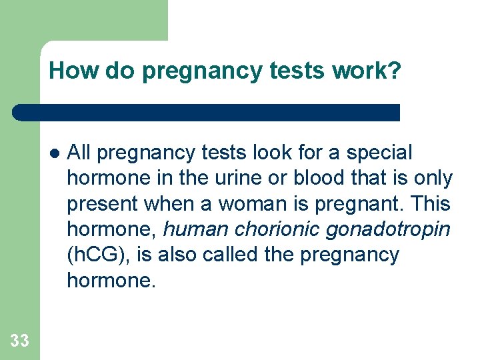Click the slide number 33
click(20, 341)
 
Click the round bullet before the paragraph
click(55, 153)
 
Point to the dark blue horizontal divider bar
click(207, 112)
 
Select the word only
click(433, 179)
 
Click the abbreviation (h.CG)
click(95, 255)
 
